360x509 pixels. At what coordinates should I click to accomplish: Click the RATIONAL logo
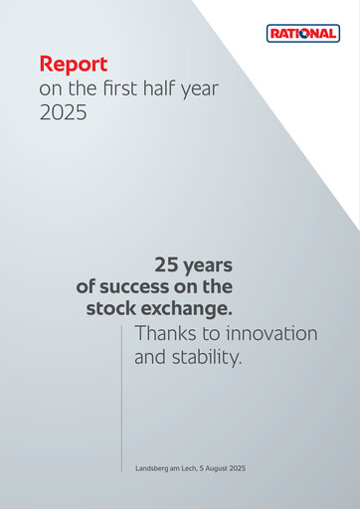point(303,34)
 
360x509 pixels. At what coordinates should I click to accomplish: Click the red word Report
point(73,65)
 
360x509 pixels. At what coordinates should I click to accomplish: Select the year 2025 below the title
point(63,112)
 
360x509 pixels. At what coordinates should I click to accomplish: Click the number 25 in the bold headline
point(166,265)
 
